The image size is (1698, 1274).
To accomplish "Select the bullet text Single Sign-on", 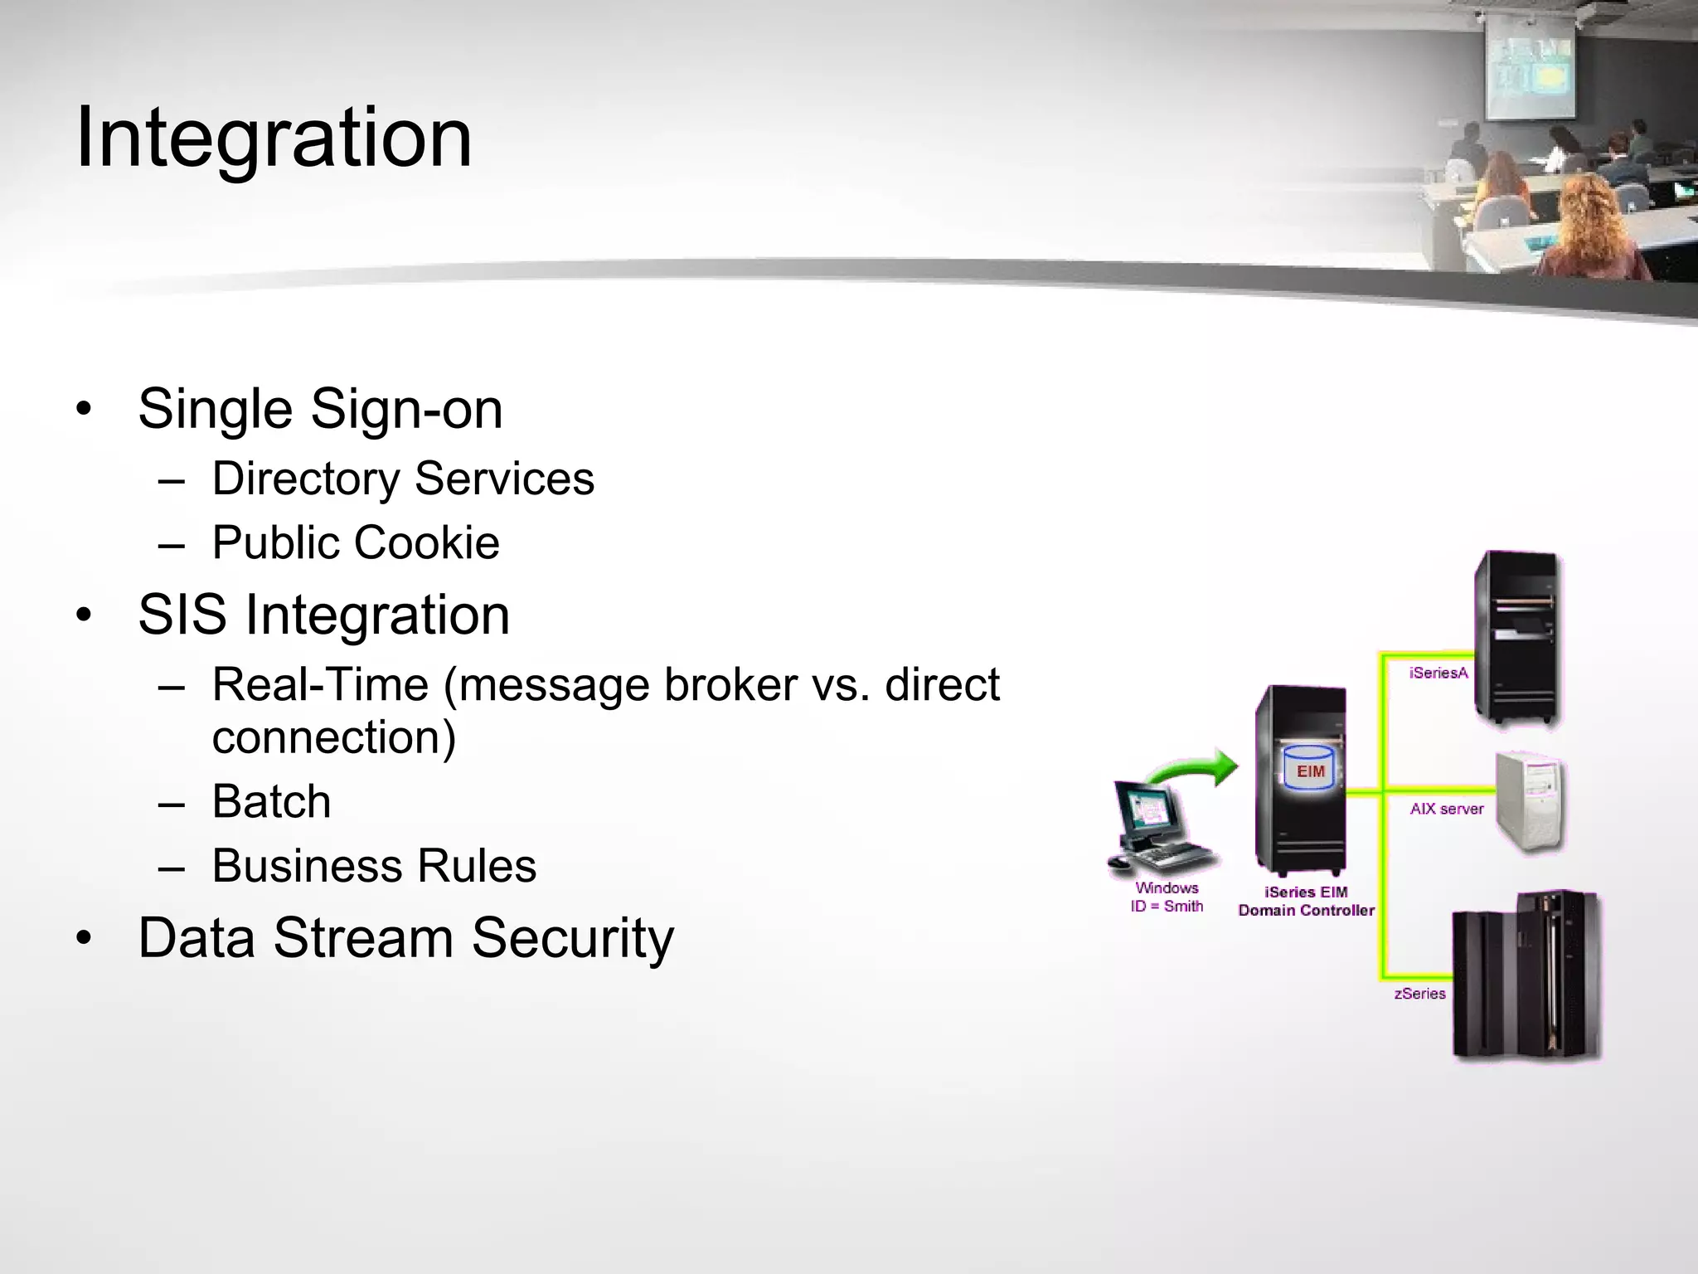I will (x=320, y=409).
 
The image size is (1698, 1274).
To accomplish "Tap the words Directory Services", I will (x=403, y=479).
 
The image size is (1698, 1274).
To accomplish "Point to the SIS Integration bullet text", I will (x=323, y=615).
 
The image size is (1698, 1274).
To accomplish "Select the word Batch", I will (x=271, y=801).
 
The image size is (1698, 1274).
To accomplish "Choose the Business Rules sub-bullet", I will (x=374, y=866).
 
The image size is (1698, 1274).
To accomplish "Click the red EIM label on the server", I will (x=1310, y=771).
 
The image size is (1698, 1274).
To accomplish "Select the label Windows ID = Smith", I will (x=1167, y=897).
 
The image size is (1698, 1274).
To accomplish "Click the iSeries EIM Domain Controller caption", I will (x=1306, y=902).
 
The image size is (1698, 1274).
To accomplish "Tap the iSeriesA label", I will (x=1438, y=673).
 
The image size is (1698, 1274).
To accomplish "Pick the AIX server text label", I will (x=1447, y=809).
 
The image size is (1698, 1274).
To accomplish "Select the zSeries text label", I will (x=1419, y=994).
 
